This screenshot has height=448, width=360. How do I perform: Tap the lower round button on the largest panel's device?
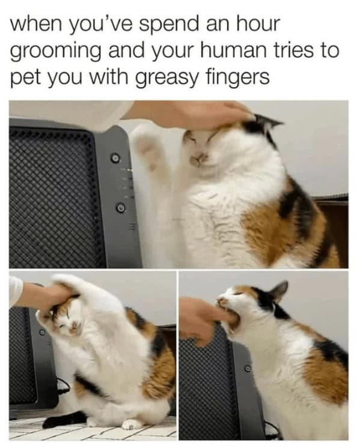click(x=119, y=208)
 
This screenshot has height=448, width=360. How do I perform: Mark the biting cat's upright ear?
click(x=278, y=292)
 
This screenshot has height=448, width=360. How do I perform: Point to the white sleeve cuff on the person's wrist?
click(x=14, y=292)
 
